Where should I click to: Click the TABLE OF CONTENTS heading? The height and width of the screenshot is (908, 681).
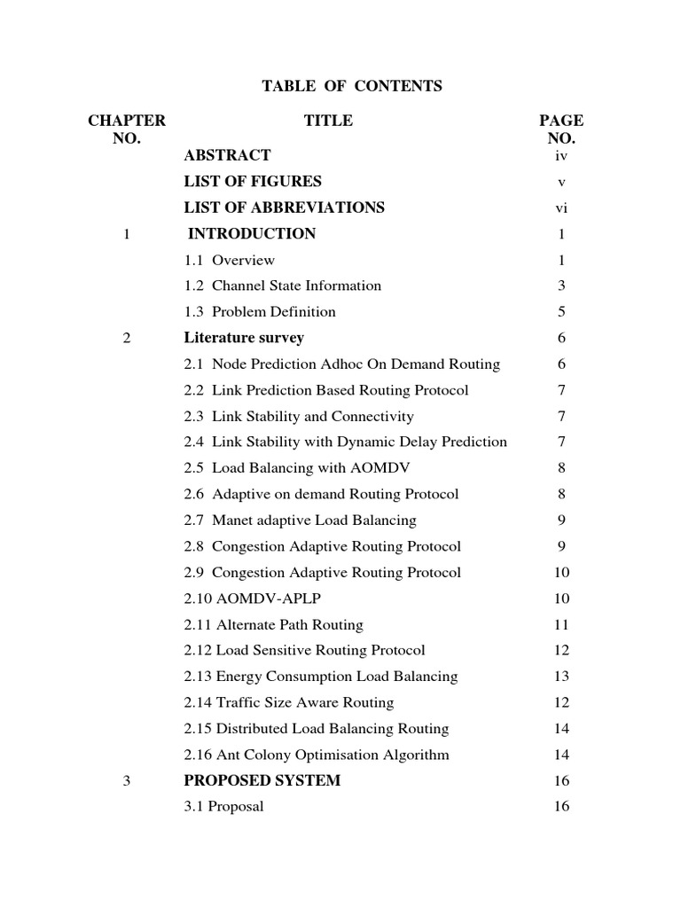[x=351, y=86]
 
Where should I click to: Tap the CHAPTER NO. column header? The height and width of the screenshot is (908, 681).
[x=127, y=129]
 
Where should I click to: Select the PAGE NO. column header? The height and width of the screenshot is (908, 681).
[x=561, y=129]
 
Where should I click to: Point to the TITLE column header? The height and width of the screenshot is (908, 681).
[x=328, y=121]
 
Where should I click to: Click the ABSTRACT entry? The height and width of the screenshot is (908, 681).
[x=227, y=155]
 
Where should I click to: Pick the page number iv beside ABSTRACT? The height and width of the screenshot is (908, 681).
[x=560, y=155]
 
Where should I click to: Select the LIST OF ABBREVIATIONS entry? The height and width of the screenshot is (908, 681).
[x=284, y=207]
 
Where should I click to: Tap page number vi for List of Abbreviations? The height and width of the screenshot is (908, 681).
[x=560, y=207]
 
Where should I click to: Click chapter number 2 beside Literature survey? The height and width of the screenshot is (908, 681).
[x=127, y=338]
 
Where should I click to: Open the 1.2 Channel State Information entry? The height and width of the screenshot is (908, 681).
[x=282, y=286]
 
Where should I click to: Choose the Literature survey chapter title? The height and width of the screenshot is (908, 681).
[x=244, y=338]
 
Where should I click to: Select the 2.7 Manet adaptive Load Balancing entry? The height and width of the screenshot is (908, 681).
[x=300, y=521]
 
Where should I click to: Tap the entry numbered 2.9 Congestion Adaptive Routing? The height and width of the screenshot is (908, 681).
[x=322, y=573]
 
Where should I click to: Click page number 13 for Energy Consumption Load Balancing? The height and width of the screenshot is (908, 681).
[x=561, y=677]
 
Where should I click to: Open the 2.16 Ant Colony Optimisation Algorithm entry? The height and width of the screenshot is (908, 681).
[x=317, y=755]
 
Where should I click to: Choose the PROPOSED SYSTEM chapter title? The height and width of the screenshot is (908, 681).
[x=262, y=781]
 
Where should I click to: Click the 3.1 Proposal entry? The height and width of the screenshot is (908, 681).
[x=223, y=807]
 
